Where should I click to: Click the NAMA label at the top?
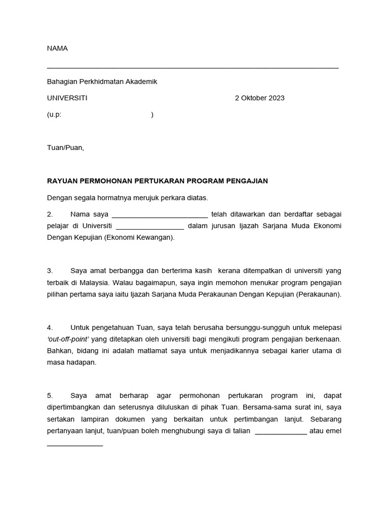(57, 49)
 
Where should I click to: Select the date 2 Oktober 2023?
(259, 98)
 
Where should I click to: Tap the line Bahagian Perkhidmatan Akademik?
(102, 82)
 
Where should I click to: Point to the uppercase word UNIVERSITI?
(67, 98)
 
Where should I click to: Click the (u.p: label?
(54, 115)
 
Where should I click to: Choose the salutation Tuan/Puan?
(65, 148)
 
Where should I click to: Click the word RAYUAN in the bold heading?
(62, 181)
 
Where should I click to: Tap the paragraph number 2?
(50, 214)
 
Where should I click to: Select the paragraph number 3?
(50, 271)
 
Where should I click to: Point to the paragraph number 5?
(50, 395)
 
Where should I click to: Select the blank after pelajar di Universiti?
(149, 228)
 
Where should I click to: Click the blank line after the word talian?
(281, 432)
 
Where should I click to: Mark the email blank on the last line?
(75, 444)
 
